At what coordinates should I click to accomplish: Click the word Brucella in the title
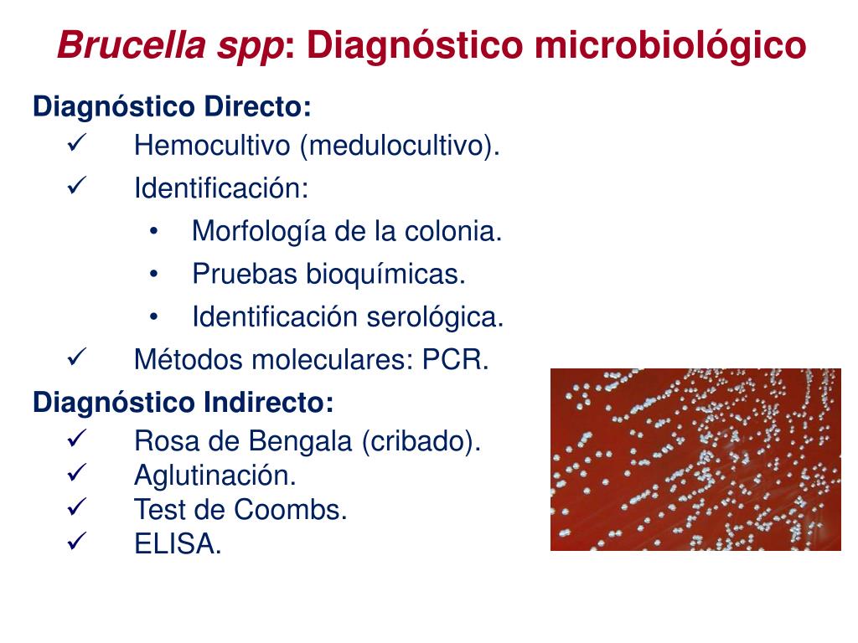coord(132,44)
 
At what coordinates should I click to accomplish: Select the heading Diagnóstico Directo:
coord(172,107)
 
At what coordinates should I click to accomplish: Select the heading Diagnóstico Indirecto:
coord(183,403)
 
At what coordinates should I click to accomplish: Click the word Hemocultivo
coord(212,146)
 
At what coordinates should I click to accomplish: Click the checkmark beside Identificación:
coord(77,186)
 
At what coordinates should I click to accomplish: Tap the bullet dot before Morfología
coord(154,231)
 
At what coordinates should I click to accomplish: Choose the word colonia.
coord(453,231)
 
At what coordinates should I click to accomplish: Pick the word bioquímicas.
coord(385,275)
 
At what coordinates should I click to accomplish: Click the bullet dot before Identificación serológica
coord(154,317)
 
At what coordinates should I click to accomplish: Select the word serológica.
coord(435,317)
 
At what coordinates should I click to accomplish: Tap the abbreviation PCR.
coord(455,360)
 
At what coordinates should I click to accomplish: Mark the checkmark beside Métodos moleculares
coord(77,358)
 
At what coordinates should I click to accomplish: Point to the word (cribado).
coord(421,442)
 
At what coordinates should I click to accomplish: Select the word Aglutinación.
coord(215,476)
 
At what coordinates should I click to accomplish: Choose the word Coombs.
coord(291,510)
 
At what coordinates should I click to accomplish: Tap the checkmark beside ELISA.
coord(77,542)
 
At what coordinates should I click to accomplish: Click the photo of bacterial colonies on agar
coord(695,460)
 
